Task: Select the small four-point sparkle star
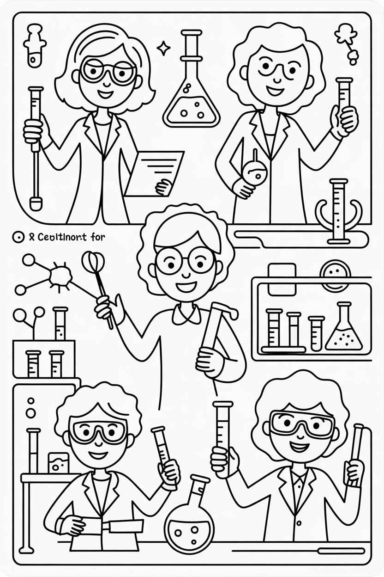pyautogui.click(x=163, y=48)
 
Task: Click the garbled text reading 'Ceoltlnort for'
pyautogui.click(x=72, y=237)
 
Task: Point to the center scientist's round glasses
pyautogui.click(x=184, y=260)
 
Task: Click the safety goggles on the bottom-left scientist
pyautogui.click(x=97, y=431)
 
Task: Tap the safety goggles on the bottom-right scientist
pyautogui.click(x=302, y=424)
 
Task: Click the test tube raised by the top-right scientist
pyautogui.click(x=343, y=99)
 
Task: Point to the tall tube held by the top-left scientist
pyautogui.click(x=35, y=143)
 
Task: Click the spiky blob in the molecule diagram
pyautogui.click(x=60, y=276)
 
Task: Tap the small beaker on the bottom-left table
pyautogui.click(x=58, y=462)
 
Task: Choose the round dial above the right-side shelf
pyautogui.click(x=335, y=275)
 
